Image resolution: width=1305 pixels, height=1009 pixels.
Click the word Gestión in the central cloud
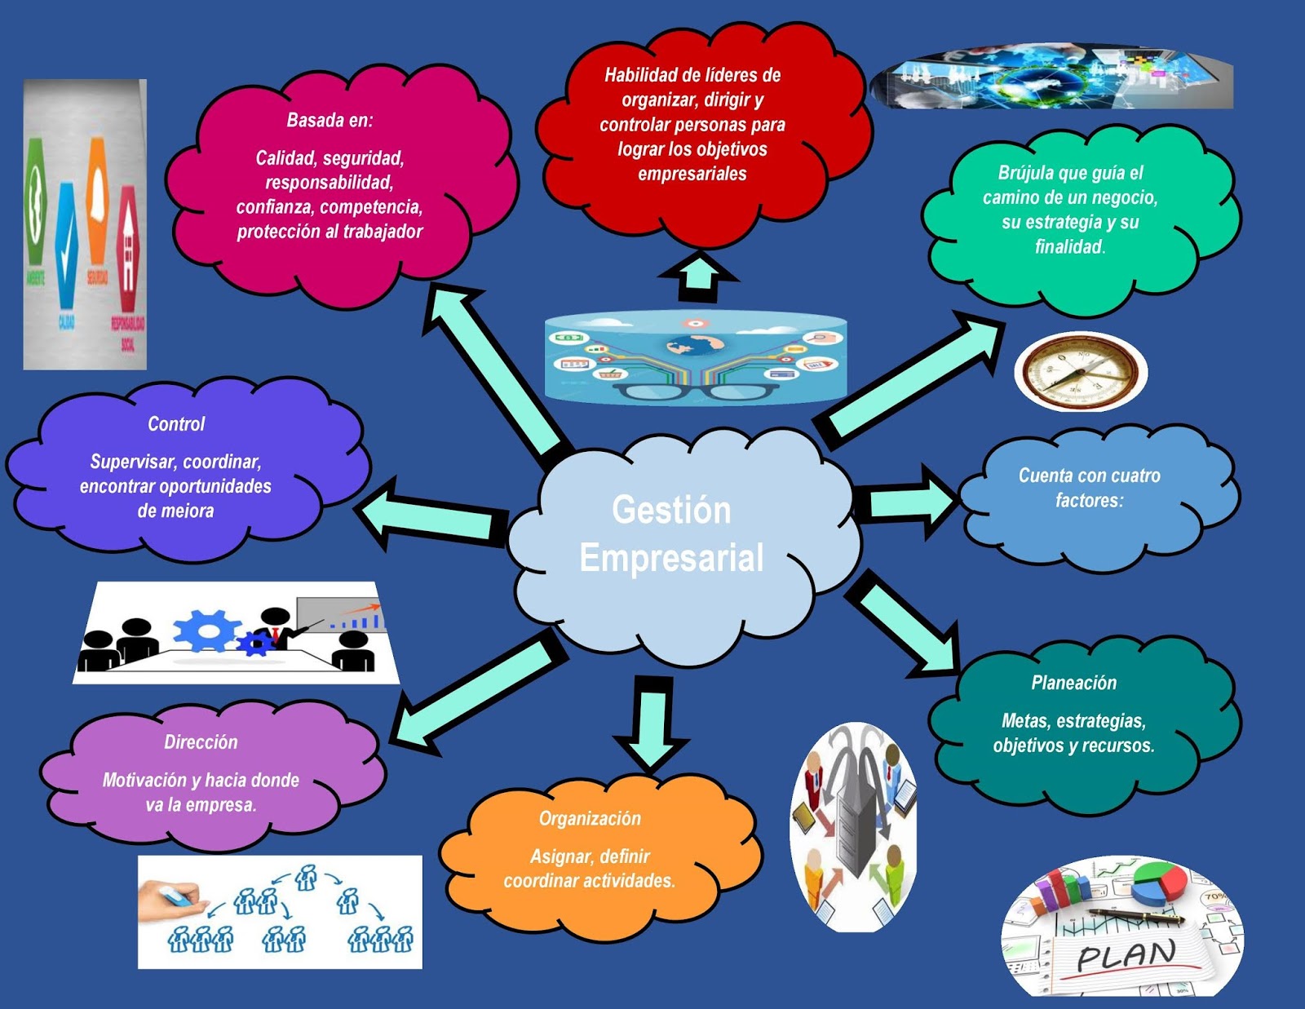[671, 510]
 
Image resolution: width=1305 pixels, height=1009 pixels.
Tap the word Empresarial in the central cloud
[671, 559]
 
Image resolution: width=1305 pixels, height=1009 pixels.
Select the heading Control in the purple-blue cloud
[176, 424]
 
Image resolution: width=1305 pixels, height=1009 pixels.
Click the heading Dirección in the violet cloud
[201, 742]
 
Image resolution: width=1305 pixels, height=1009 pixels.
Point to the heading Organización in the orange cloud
[590, 819]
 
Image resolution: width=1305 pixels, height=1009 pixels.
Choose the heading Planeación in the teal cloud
[1073, 683]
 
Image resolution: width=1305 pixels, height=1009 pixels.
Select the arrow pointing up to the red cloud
[698, 276]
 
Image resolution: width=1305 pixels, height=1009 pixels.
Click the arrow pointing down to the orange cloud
[652, 722]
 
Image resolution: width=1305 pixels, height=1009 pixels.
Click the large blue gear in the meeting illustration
[206, 630]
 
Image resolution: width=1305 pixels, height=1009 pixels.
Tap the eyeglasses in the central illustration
[695, 392]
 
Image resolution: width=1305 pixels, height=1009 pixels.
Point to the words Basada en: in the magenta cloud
[330, 121]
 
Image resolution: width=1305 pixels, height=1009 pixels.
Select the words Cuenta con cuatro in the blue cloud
[1089, 476]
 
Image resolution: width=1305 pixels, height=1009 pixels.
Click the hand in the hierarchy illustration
[167, 901]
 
